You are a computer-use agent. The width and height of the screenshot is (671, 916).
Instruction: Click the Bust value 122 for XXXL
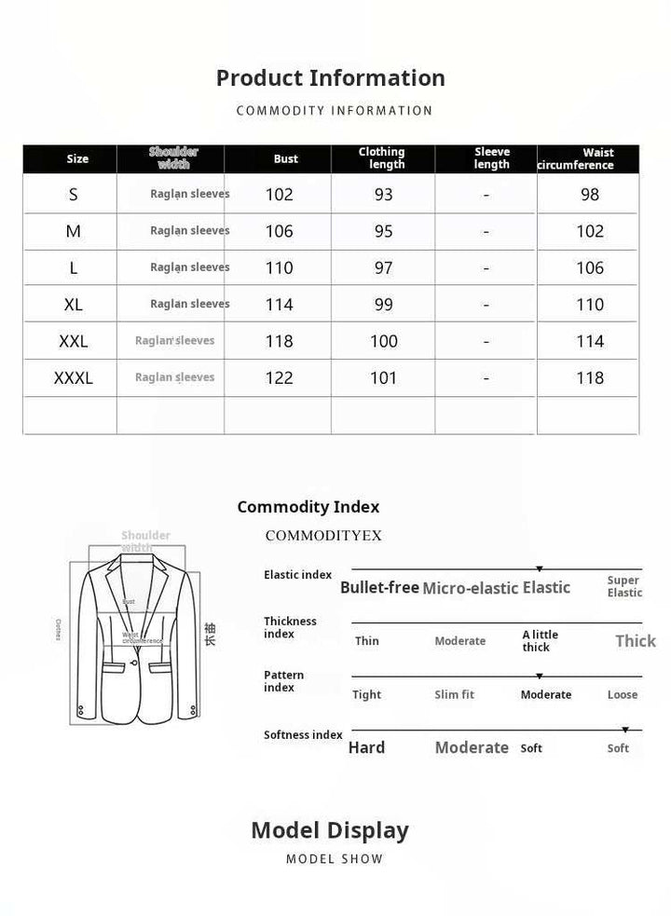click(x=280, y=377)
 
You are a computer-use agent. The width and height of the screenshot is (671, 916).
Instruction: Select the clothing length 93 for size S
click(x=384, y=194)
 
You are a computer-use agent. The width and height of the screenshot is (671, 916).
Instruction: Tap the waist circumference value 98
click(x=590, y=194)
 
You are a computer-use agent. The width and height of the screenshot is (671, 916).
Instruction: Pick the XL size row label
click(x=74, y=304)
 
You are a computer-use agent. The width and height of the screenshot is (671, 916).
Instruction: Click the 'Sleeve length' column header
click(x=492, y=158)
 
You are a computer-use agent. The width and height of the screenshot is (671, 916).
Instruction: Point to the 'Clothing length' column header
click(x=382, y=158)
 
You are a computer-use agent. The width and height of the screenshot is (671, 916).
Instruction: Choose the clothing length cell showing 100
click(x=384, y=341)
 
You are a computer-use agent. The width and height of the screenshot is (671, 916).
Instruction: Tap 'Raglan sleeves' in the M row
click(x=190, y=230)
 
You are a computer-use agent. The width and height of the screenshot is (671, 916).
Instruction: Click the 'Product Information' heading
click(x=331, y=78)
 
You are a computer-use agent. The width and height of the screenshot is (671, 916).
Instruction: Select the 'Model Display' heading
click(x=330, y=830)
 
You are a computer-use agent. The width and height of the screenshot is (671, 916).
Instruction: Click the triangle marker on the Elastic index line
click(x=540, y=568)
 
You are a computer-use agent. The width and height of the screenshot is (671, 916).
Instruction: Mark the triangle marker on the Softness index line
click(x=625, y=730)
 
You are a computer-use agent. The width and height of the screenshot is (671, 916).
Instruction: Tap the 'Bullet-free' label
click(x=379, y=587)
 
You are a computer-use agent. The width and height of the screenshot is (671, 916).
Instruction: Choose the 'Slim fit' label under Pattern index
click(x=455, y=694)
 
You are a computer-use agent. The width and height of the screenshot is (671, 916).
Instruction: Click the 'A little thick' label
click(x=541, y=641)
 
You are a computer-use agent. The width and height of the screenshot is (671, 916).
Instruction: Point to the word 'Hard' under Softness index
click(x=366, y=747)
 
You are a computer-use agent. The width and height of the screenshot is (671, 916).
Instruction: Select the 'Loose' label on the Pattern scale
click(x=623, y=694)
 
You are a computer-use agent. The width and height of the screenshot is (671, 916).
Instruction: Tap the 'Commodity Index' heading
click(x=308, y=507)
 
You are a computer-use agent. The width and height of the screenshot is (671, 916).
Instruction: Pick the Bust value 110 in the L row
click(x=280, y=267)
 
